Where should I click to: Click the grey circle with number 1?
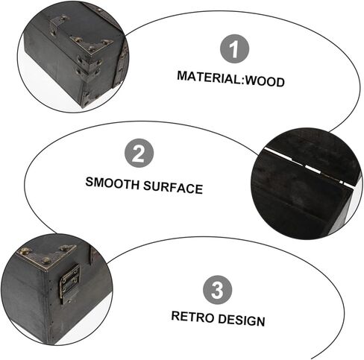(234, 50)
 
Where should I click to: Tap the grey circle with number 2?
(139, 155)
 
